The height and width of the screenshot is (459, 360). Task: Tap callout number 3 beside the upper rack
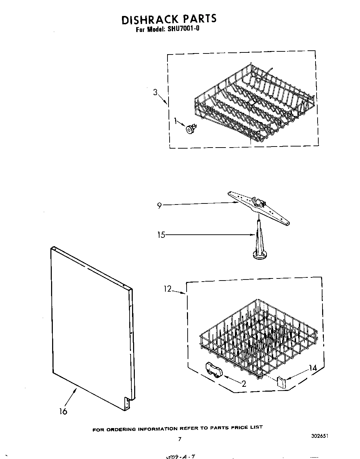[x=155, y=92]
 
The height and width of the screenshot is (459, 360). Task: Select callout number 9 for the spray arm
[x=159, y=205]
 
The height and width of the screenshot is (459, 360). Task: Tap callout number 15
[x=161, y=235]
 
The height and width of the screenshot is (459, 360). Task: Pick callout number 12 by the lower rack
[x=167, y=289]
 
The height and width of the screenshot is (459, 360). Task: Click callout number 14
[x=313, y=368]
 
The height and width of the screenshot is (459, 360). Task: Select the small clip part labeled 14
[x=281, y=383]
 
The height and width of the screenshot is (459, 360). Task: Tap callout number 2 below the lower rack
[x=244, y=383]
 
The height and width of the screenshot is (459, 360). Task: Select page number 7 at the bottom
[x=180, y=439]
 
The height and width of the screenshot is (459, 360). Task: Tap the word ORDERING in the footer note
[x=121, y=429]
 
